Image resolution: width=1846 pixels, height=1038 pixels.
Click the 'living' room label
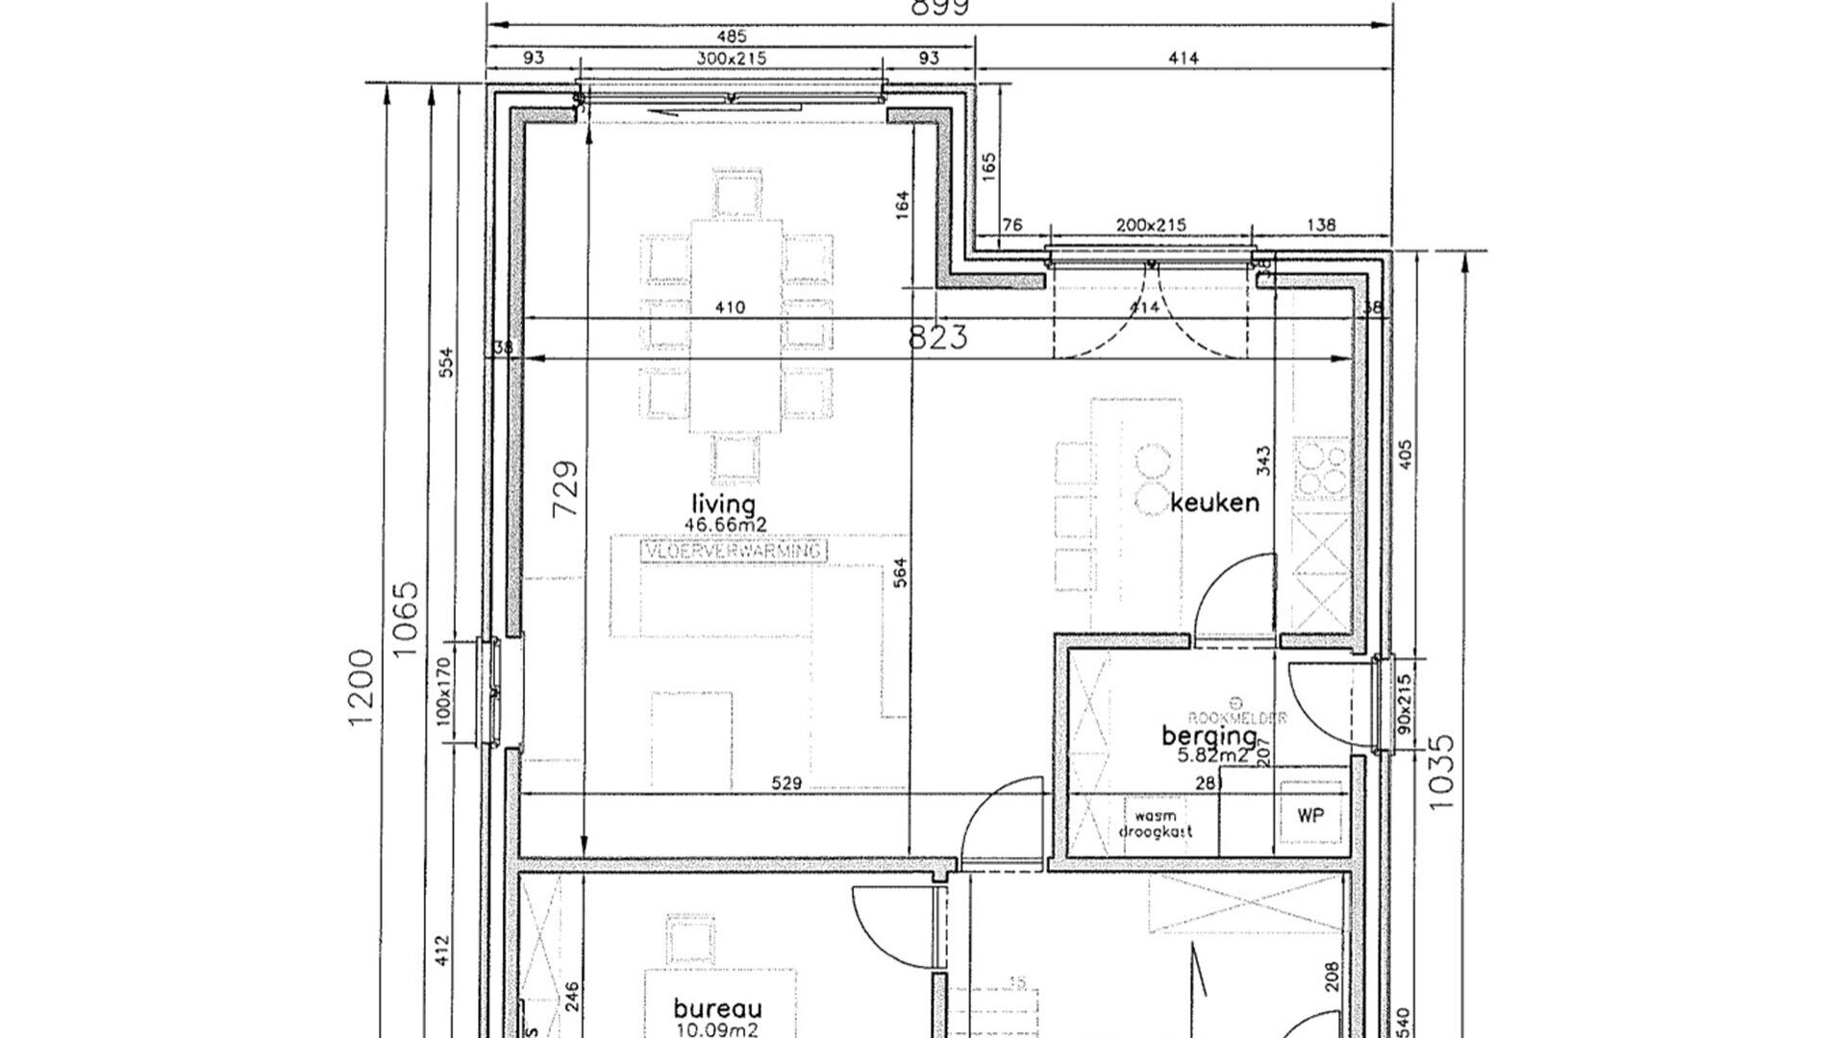(x=723, y=505)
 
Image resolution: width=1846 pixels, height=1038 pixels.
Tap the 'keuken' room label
(x=1214, y=503)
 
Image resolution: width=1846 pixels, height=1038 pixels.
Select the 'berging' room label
(x=1209, y=736)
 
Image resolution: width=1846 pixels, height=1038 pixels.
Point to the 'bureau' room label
(x=717, y=1009)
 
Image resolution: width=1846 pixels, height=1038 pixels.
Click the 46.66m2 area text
(x=725, y=525)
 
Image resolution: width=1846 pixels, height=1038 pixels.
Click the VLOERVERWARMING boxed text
(x=734, y=552)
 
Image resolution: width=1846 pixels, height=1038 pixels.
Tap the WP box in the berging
(x=1310, y=816)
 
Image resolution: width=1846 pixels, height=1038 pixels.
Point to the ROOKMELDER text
(x=1236, y=717)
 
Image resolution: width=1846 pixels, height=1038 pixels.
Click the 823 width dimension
(x=938, y=337)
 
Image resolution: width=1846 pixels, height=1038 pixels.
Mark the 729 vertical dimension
(x=566, y=488)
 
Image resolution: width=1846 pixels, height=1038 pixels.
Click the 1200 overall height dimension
(x=361, y=687)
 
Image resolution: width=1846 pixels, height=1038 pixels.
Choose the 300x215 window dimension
(x=731, y=59)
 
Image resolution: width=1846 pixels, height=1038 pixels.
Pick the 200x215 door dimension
(x=1150, y=225)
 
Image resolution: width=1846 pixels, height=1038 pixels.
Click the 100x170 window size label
(x=442, y=690)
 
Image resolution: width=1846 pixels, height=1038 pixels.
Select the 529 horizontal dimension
(x=786, y=782)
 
